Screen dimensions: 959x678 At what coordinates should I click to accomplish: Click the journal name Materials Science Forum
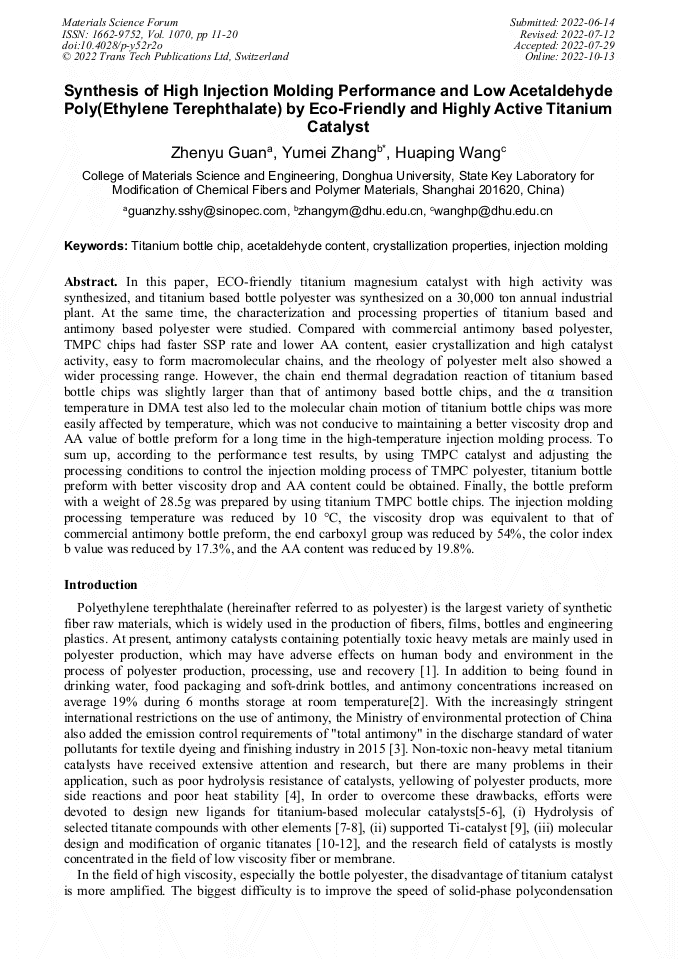click(120, 21)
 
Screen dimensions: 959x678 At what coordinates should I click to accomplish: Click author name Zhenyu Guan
click(216, 153)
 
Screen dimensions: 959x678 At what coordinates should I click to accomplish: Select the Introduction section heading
click(101, 584)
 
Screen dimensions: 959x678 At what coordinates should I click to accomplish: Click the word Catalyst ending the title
click(338, 128)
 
